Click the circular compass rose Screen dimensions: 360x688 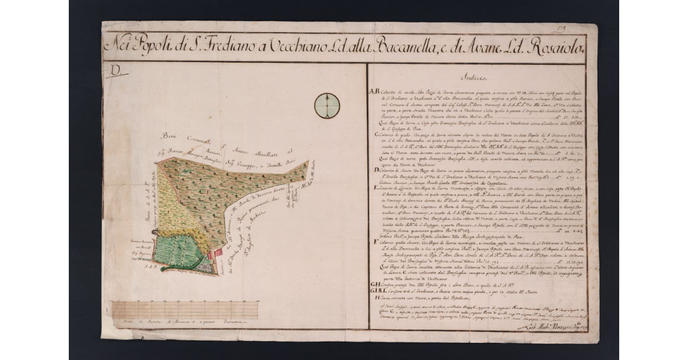pyautogui.click(x=327, y=105)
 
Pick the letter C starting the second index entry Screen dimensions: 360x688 pyautogui.click(x=377, y=135)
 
